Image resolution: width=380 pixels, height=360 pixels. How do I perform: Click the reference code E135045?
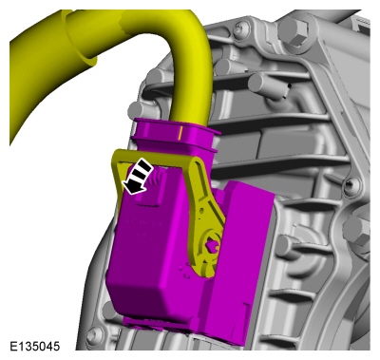34,346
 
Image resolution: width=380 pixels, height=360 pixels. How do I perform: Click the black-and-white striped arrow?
137,176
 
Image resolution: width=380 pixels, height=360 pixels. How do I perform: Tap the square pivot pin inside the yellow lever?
213,244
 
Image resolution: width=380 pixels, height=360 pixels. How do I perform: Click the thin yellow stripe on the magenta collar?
180,133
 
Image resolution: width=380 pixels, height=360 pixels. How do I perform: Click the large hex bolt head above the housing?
293,30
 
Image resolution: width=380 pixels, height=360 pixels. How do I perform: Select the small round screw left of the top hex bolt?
240,28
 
